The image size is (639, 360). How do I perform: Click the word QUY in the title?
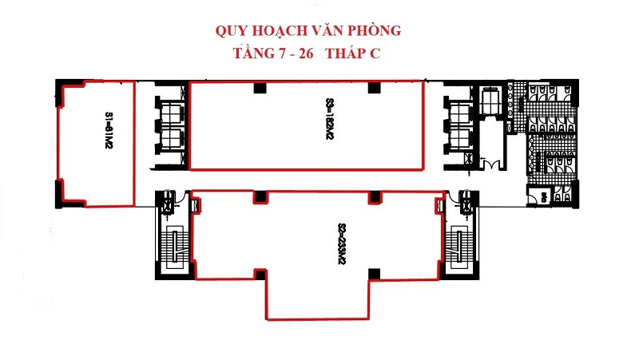232,31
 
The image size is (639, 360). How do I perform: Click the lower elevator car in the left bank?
173,140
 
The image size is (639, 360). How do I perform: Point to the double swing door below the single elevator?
492,164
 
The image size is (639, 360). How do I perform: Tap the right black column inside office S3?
371,89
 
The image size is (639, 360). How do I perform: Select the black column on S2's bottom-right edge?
371,275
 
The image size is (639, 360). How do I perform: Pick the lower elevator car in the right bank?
461,140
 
